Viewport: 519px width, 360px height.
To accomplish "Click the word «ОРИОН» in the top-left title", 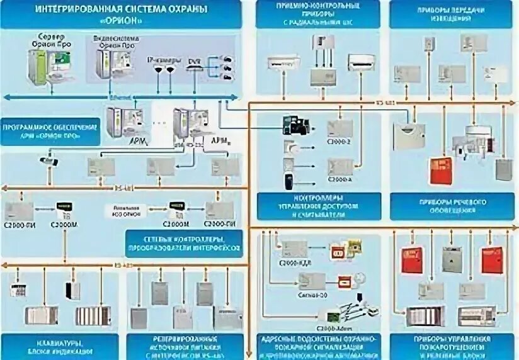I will coord(121,20).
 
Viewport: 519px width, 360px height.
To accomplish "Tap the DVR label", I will coord(193,61).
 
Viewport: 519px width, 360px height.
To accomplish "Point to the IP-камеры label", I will coord(159,60).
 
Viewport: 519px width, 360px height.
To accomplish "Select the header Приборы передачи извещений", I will coord(450,14).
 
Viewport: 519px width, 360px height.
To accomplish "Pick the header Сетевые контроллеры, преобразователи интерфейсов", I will coord(183,244).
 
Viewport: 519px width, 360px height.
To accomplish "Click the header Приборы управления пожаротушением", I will coord(450,346).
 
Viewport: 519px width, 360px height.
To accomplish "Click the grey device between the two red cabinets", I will coord(452,259).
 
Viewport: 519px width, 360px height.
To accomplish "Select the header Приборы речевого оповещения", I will coord(450,206).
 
